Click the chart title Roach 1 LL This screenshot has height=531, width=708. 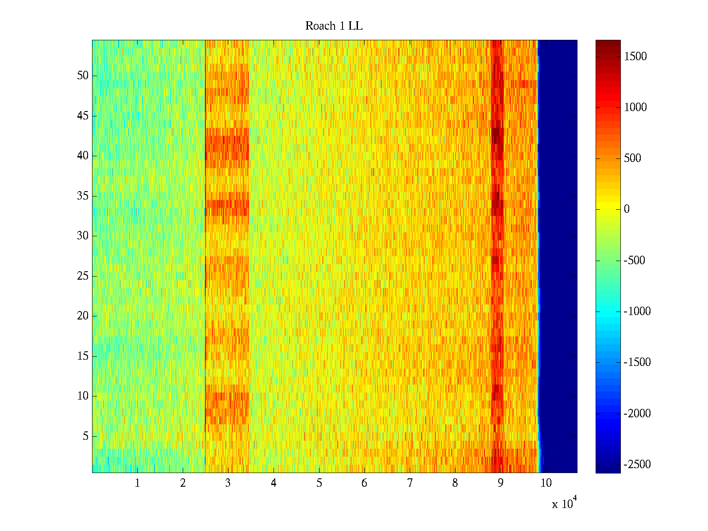tap(334, 26)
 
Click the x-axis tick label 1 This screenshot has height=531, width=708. tap(137, 483)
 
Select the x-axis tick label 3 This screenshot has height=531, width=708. tap(228, 483)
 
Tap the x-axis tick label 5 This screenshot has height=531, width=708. tap(319, 483)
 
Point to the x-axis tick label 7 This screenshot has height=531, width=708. tap(410, 483)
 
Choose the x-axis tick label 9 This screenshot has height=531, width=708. tap(500, 483)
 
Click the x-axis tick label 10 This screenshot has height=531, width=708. tap(546, 483)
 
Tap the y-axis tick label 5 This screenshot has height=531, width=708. tap(85, 436)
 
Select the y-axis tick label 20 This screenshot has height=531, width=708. tap(83, 316)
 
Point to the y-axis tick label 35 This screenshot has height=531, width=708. tap(83, 196)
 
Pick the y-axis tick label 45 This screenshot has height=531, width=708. tap(83, 116)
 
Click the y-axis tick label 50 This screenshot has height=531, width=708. tap(83, 76)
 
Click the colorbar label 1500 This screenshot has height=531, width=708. tap(635, 56)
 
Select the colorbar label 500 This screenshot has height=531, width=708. tap(632, 158)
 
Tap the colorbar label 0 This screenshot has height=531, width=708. tap(627, 209)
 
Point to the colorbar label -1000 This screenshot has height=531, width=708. tap(637, 312)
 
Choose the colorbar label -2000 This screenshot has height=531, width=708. tap(637, 413)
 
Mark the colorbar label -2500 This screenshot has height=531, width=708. tap(637, 464)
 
